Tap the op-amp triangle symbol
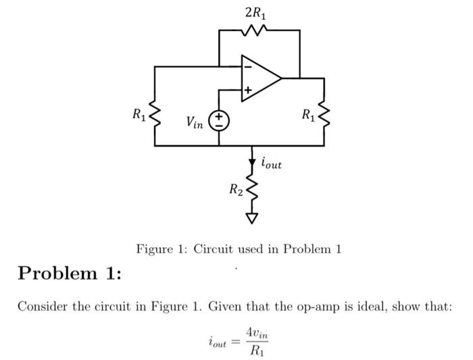point(261,78)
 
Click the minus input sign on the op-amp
point(247,66)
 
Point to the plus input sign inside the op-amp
point(247,89)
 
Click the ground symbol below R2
point(252,218)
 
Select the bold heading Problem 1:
point(70,274)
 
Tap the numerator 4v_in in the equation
point(259,333)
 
